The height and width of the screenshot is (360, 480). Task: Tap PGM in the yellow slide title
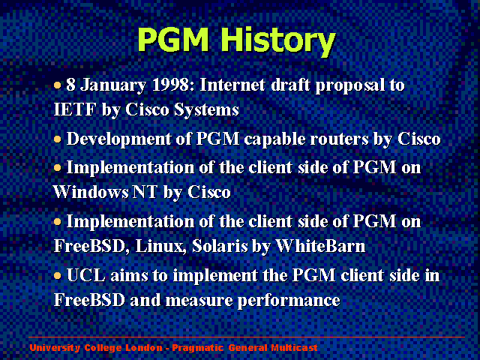coord(173,39)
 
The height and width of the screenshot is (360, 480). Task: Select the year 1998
coord(173,85)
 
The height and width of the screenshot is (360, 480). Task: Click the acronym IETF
coord(75,109)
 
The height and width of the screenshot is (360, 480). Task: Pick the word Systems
coord(206,111)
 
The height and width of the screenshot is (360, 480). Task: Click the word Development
coord(118,139)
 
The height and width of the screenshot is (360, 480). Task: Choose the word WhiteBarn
coord(320,246)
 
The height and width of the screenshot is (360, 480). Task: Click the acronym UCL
coord(86,275)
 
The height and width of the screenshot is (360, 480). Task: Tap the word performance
coord(289,301)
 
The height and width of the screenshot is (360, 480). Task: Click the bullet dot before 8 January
coord(58,85)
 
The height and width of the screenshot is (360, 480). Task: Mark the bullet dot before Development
coord(58,140)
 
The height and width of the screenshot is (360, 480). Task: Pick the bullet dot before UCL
coord(58,276)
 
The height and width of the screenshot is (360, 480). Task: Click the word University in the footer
coord(55,348)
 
